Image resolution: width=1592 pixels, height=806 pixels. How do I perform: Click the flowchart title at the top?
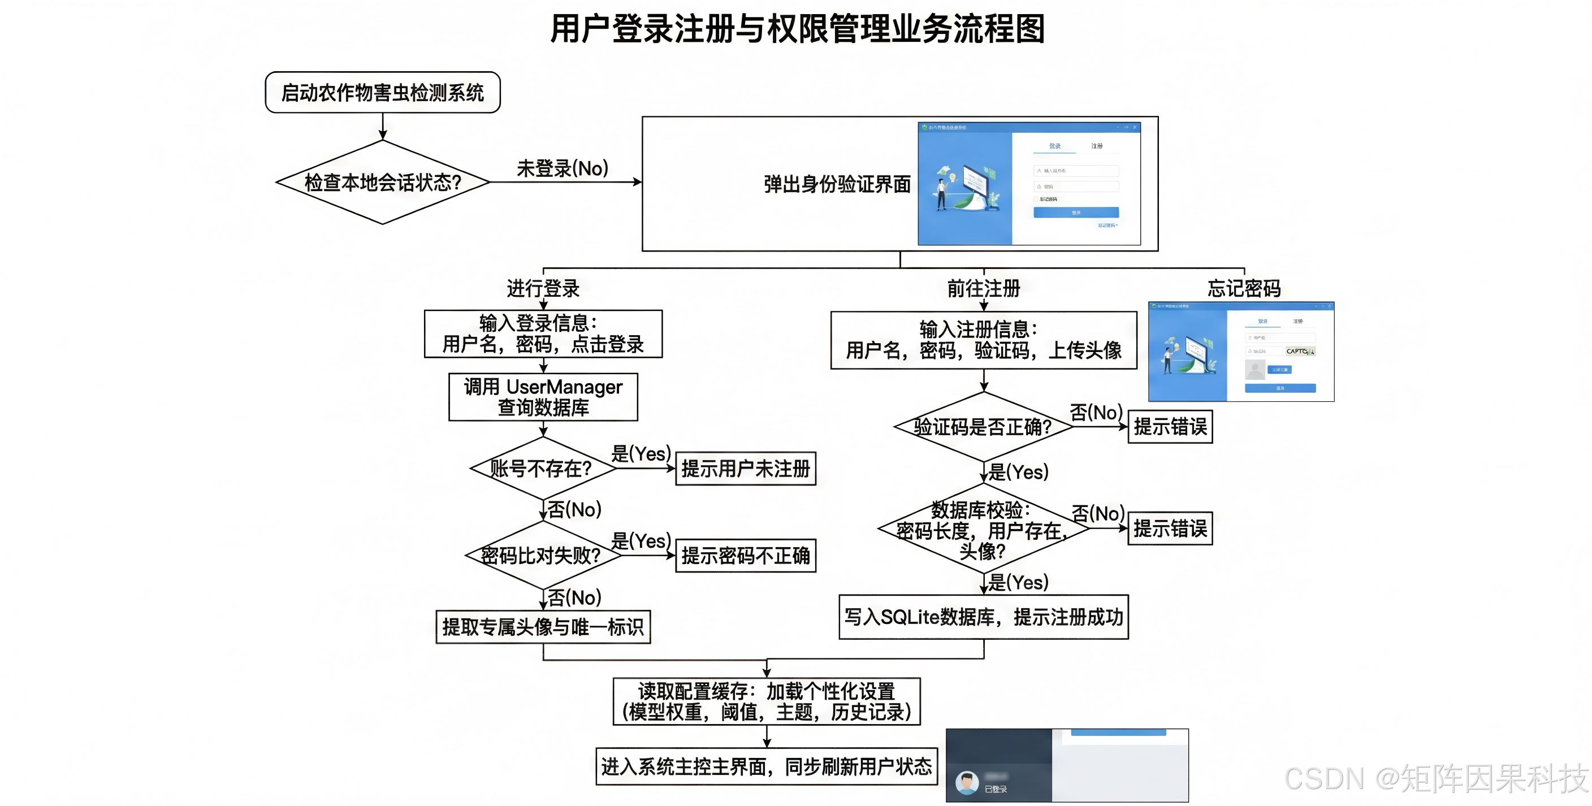[797, 29]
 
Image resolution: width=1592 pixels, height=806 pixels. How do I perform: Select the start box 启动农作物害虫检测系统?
[383, 93]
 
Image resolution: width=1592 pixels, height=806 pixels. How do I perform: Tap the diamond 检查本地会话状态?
[383, 183]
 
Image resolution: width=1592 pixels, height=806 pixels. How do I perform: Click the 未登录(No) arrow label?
[562, 168]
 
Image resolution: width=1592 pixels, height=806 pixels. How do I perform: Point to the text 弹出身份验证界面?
[837, 184]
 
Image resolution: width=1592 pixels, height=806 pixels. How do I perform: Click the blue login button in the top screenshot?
[1075, 213]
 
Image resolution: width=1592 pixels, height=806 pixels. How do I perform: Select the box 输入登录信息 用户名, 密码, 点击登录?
[543, 334]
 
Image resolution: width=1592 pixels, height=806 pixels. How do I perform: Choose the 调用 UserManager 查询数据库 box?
[543, 397]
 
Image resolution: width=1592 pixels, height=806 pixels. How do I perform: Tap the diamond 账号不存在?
[542, 469]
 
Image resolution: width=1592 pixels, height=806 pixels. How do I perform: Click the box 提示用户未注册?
[745, 469]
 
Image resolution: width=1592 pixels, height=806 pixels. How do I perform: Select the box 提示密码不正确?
[745, 556]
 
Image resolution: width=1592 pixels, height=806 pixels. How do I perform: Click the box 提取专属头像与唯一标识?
[543, 627]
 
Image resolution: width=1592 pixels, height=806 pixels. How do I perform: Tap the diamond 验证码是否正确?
[983, 427]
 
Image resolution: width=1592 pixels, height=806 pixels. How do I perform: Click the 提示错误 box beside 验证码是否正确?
[1170, 427]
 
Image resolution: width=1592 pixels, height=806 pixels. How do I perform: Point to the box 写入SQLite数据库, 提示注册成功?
[983, 617]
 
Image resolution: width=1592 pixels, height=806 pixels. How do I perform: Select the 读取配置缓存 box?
[767, 701]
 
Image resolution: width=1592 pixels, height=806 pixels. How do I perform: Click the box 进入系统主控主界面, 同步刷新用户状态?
[767, 766]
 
